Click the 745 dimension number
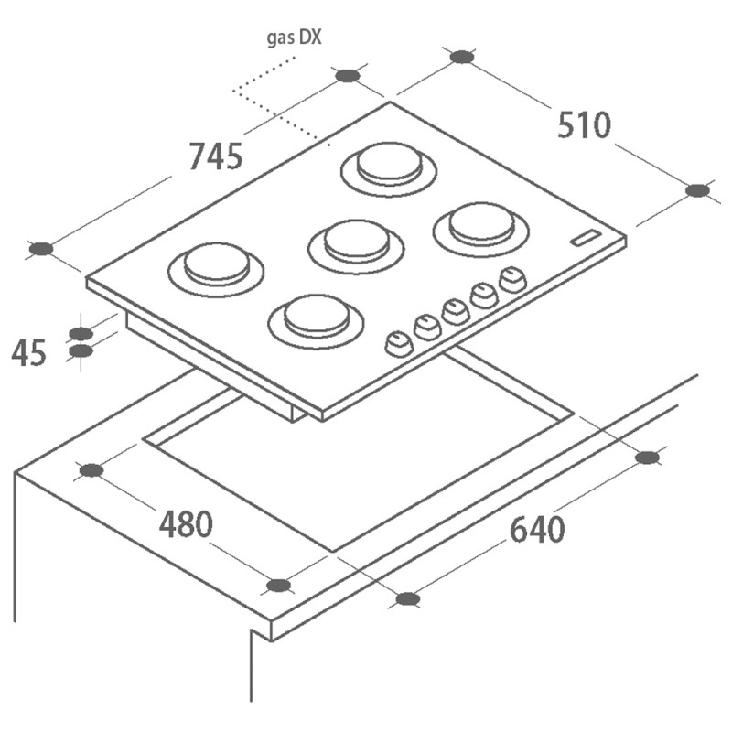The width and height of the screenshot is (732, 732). tap(216, 156)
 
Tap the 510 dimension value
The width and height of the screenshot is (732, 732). tap(584, 125)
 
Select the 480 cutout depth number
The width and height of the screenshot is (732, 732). tap(186, 524)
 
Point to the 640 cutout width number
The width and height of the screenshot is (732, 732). tap(537, 530)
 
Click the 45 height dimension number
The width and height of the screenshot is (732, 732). tap(28, 353)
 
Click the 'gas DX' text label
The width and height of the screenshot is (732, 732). tap(294, 38)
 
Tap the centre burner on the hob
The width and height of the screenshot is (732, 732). tap(356, 246)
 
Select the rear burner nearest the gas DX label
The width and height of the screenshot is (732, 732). tap(389, 169)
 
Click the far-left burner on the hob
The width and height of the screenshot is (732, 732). tap(216, 269)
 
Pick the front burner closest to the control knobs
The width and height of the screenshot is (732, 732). tap(316, 322)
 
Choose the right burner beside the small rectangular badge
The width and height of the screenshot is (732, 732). tap(481, 230)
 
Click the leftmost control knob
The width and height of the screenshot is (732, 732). tap(399, 345)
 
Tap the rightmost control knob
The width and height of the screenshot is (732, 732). tap(512, 280)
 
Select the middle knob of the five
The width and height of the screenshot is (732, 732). tap(455, 312)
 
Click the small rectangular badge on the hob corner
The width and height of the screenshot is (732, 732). tap(587, 238)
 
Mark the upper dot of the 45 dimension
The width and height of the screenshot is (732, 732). tap(81, 333)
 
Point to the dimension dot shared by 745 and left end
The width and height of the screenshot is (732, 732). tap(41, 249)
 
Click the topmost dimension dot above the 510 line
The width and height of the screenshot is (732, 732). tap(462, 57)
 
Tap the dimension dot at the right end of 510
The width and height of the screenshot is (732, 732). tap(698, 190)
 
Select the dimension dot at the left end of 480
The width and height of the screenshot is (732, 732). tap(91, 470)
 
